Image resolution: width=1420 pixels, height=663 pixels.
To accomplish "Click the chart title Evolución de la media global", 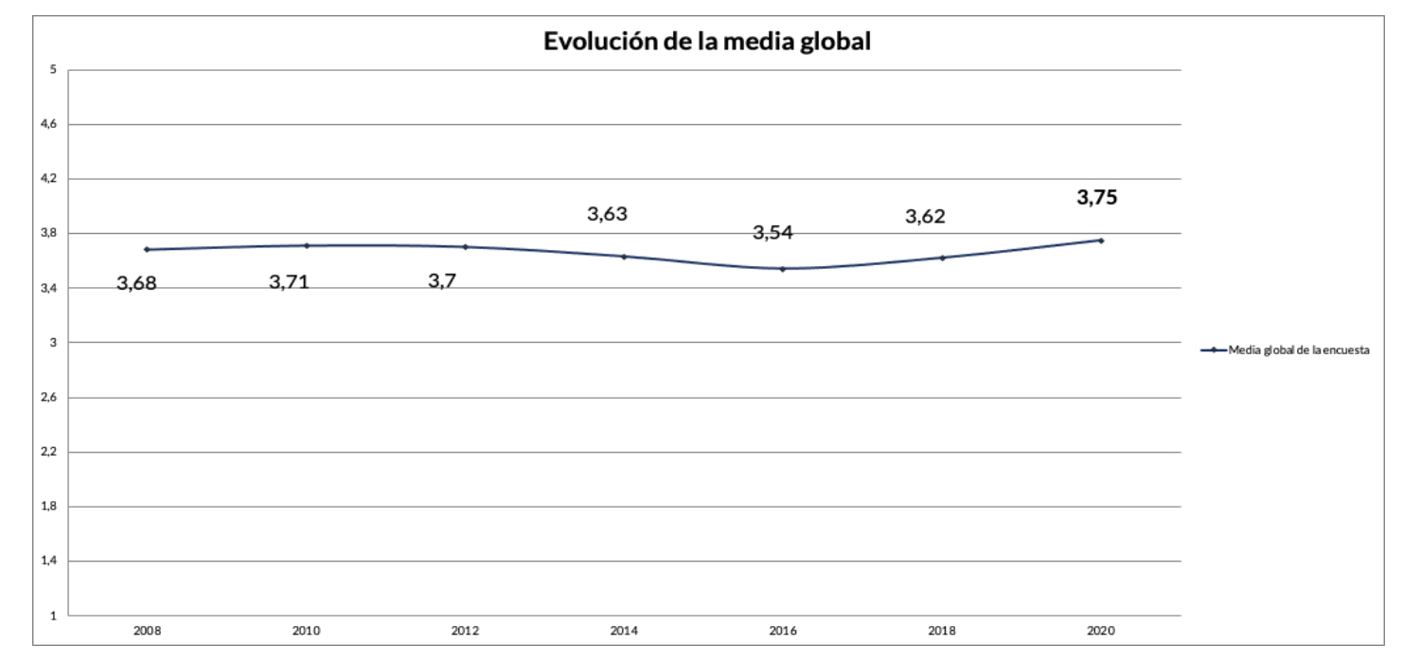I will tap(706, 42).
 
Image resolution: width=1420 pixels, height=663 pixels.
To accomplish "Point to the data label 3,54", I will tap(772, 233).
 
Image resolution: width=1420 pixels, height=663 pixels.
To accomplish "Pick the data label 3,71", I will tap(289, 281).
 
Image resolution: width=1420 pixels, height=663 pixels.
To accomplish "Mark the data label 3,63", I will tap(607, 214).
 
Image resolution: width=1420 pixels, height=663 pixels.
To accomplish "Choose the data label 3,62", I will tap(925, 216).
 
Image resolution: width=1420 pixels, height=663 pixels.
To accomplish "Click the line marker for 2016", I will tap(783, 269).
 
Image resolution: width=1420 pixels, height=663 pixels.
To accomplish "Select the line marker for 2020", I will tap(1101, 241).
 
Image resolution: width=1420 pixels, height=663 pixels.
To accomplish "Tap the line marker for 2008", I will tap(147, 249).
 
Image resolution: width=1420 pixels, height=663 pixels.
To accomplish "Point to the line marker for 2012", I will tap(465, 246).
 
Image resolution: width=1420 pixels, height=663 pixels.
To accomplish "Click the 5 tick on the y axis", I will tap(54, 70).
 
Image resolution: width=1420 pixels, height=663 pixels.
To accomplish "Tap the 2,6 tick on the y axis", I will tap(51, 397).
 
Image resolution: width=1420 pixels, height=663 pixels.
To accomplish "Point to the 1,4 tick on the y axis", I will tap(51, 561).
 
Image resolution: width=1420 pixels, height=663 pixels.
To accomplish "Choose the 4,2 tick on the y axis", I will tap(51, 179).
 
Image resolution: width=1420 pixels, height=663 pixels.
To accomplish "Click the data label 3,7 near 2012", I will tap(442, 281).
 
